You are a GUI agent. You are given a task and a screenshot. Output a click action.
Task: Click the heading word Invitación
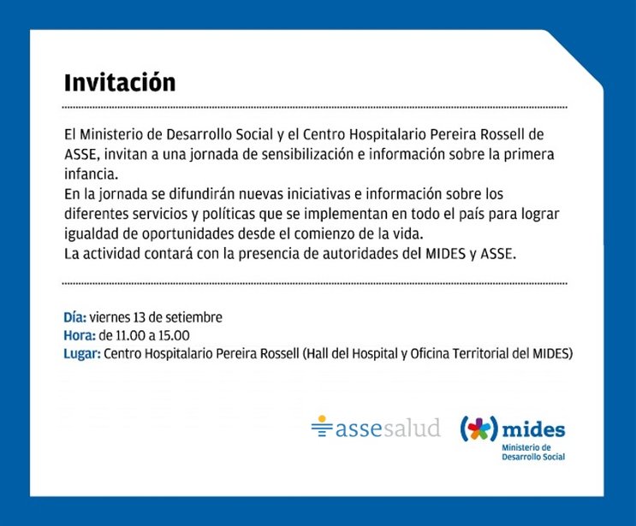pyautogui.click(x=120, y=83)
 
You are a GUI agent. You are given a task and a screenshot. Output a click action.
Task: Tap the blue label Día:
pyautogui.click(x=75, y=317)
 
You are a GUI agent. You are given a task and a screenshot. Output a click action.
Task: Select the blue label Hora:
pyautogui.click(x=80, y=335)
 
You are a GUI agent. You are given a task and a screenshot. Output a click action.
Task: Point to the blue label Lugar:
pyautogui.click(x=82, y=354)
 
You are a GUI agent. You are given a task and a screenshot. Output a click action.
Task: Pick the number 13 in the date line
pyautogui.click(x=140, y=317)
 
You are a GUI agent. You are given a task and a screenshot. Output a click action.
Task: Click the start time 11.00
pyautogui.click(x=130, y=335)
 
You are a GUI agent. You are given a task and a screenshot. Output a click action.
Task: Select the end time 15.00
pyautogui.click(x=174, y=335)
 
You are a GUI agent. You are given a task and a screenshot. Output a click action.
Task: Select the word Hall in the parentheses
pyautogui.click(x=318, y=354)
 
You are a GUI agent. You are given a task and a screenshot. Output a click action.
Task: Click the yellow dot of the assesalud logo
pyautogui.click(x=322, y=418)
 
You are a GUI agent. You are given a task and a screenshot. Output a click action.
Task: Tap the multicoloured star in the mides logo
pyautogui.click(x=478, y=429)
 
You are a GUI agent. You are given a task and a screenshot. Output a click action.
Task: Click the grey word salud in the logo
pyautogui.click(x=412, y=428)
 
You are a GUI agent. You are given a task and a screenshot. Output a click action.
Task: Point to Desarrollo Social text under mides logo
pyautogui.click(x=533, y=457)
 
